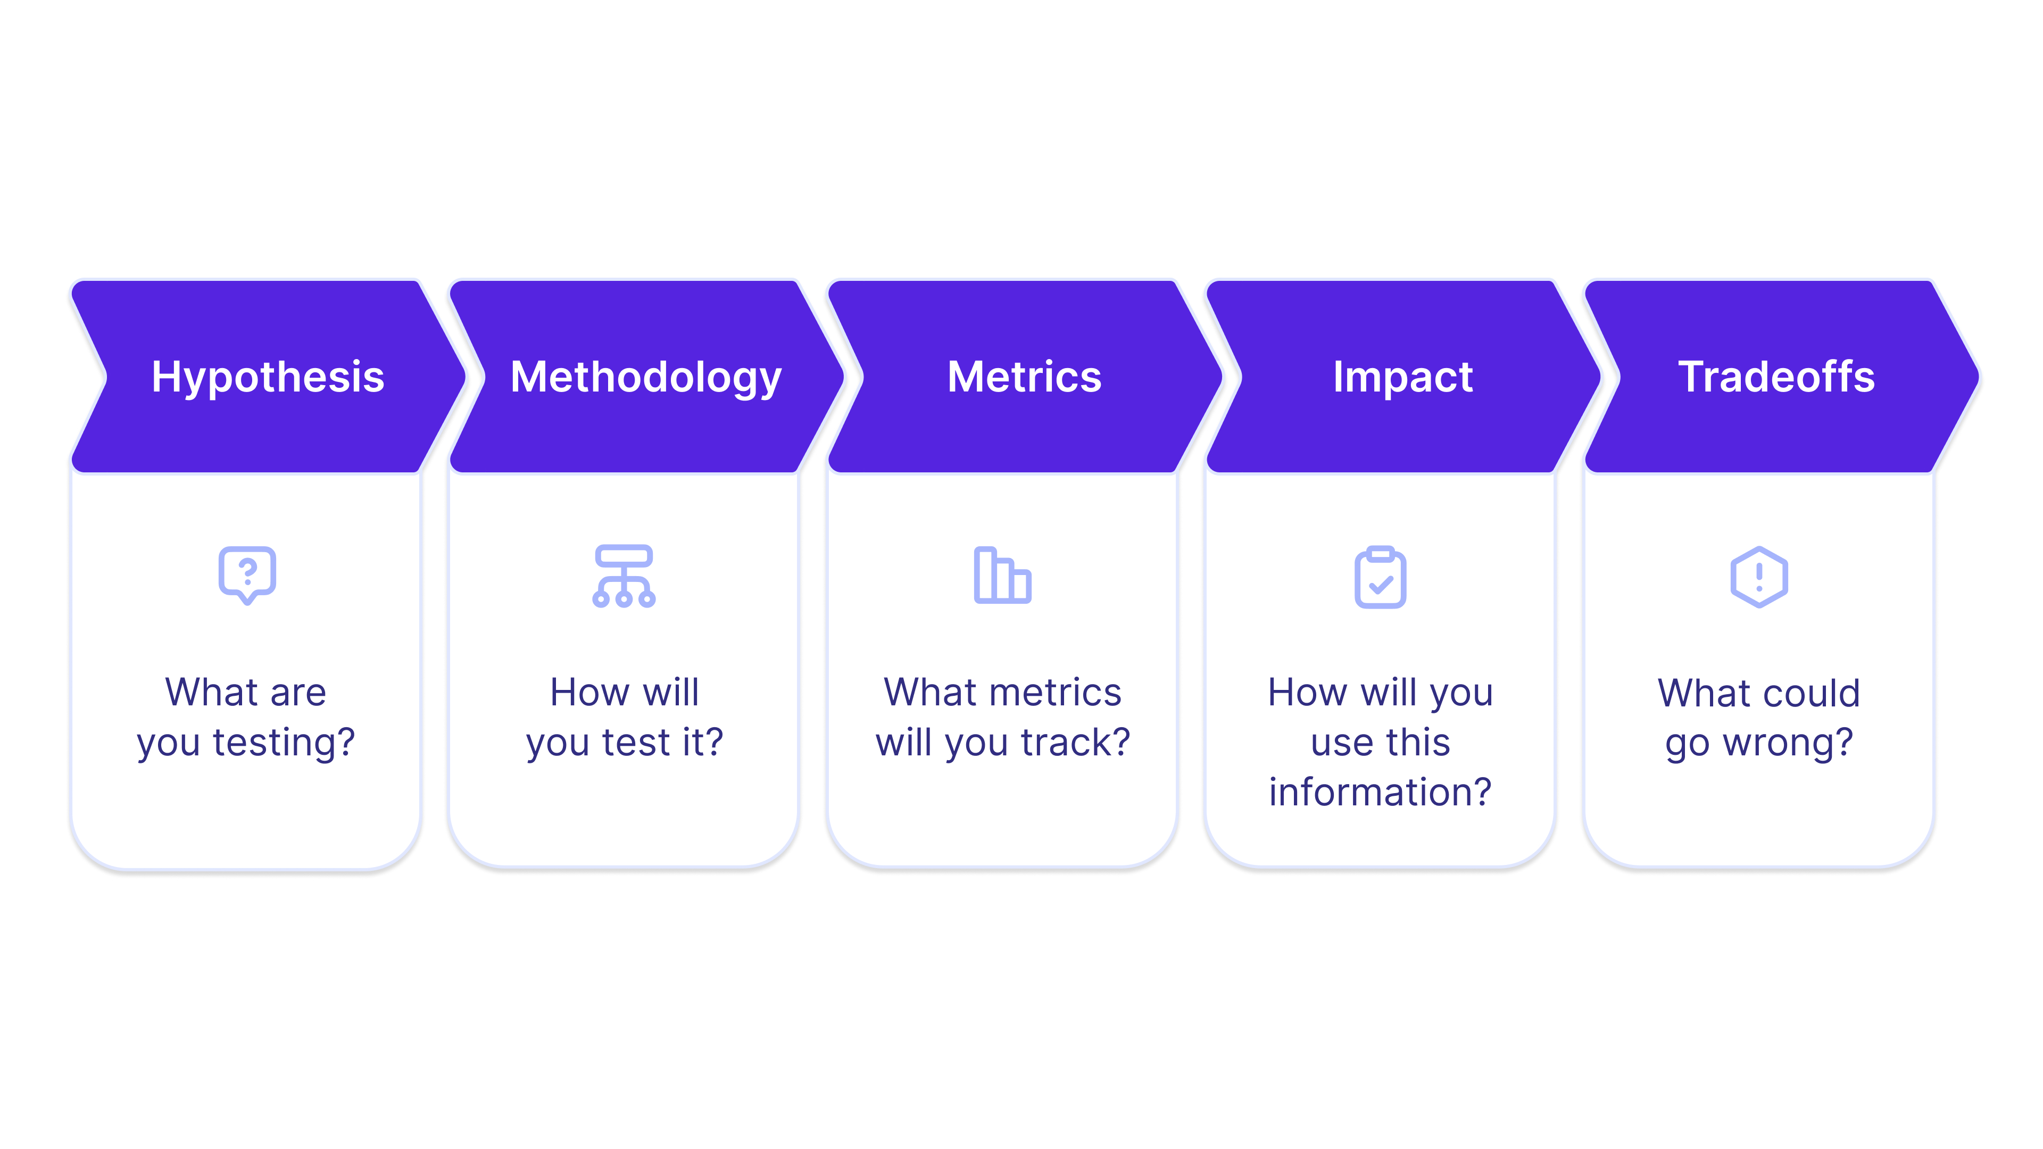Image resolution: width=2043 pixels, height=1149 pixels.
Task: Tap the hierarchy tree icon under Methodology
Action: pos(624,577)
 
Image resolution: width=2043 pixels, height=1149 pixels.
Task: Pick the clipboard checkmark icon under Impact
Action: pos(1380,577)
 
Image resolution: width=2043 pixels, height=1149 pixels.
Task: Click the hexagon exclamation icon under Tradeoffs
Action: pos(1758,577)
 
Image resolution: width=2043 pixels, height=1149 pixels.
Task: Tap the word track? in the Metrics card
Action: pos(1075,743)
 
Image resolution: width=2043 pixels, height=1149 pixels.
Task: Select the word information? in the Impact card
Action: pos(1380,792)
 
